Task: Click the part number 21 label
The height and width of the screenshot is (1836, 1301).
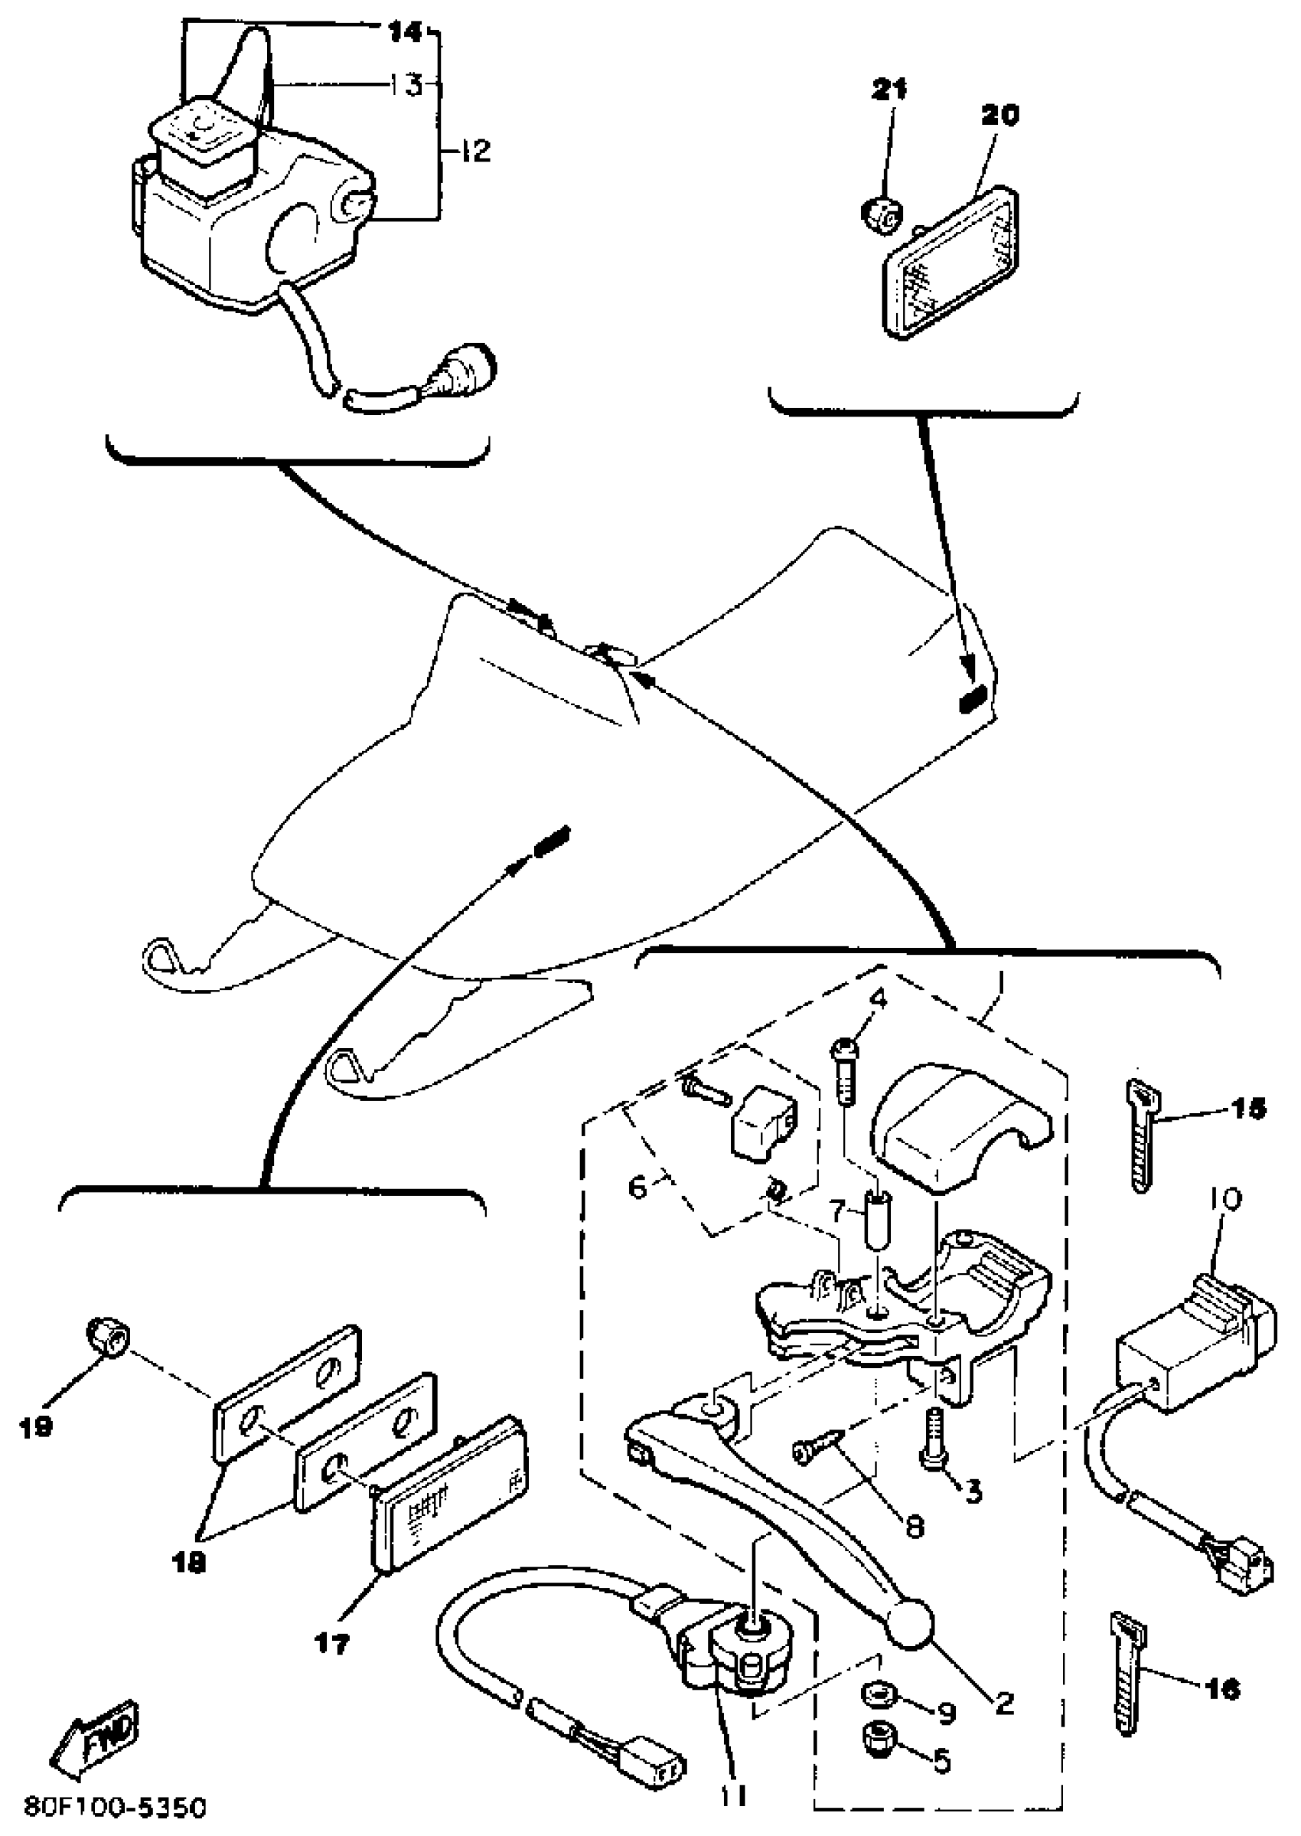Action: [889, 90]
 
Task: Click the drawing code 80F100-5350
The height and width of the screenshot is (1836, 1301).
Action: [116, 1808]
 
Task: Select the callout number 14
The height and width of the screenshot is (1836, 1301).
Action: [405, 32]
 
